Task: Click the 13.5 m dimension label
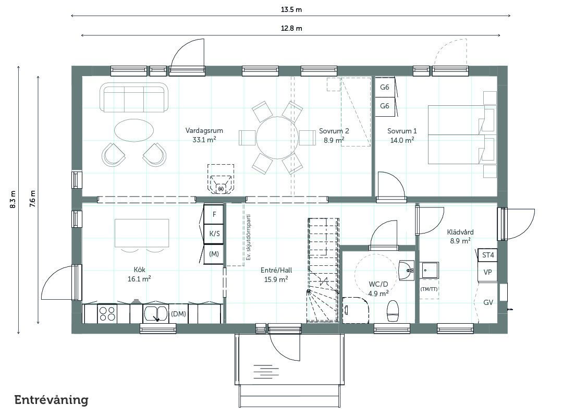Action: pos(291,10)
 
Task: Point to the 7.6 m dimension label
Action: pos(33,199)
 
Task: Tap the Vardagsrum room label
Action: pos(204,130)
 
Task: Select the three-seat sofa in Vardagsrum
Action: pos(134,97)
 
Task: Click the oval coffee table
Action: pos(134,129)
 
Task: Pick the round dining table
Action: pos(277,138)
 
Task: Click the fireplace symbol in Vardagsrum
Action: pos(221,180)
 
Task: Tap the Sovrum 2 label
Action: pos(334,131)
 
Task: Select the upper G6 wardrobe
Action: pos(385,87)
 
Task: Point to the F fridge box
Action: pos(214,214)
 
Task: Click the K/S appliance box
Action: pos(214,234)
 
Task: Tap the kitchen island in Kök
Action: pos(142,233)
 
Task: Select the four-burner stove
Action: pos(107,313)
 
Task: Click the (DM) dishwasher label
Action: pos(178,314)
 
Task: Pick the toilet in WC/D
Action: pos(393,311)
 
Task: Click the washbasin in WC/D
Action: pos(407,269)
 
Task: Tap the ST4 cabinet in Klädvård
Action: pos(487,255)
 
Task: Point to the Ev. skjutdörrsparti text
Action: pos(248,237)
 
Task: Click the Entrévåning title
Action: pos(51,400)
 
